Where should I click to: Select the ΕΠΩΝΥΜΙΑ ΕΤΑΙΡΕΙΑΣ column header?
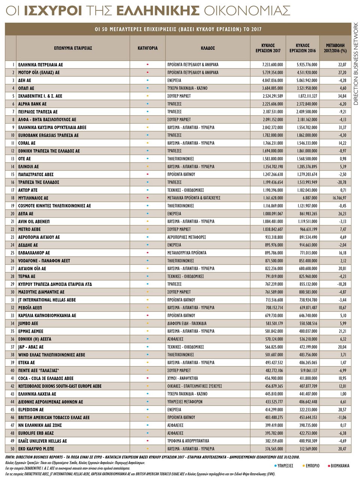73,48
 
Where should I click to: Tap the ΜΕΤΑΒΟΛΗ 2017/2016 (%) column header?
336,48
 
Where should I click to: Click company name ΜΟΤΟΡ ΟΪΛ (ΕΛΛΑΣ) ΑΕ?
39,73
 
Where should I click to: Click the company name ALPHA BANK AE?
32,104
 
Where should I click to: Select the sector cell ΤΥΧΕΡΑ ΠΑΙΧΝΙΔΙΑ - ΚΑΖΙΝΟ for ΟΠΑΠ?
187,88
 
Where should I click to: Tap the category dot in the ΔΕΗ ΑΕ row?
147,81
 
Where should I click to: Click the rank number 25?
12,253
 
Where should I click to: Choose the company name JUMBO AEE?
28,323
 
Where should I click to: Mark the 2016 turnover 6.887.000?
309,198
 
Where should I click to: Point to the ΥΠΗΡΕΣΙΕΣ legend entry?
285,466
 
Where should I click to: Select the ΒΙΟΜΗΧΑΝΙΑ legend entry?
340,466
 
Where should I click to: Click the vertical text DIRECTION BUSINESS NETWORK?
355,64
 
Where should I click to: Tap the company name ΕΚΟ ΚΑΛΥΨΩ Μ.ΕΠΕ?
36,449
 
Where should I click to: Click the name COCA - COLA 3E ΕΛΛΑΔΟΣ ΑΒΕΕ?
46,378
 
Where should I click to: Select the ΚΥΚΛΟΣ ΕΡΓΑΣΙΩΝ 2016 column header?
303,48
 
